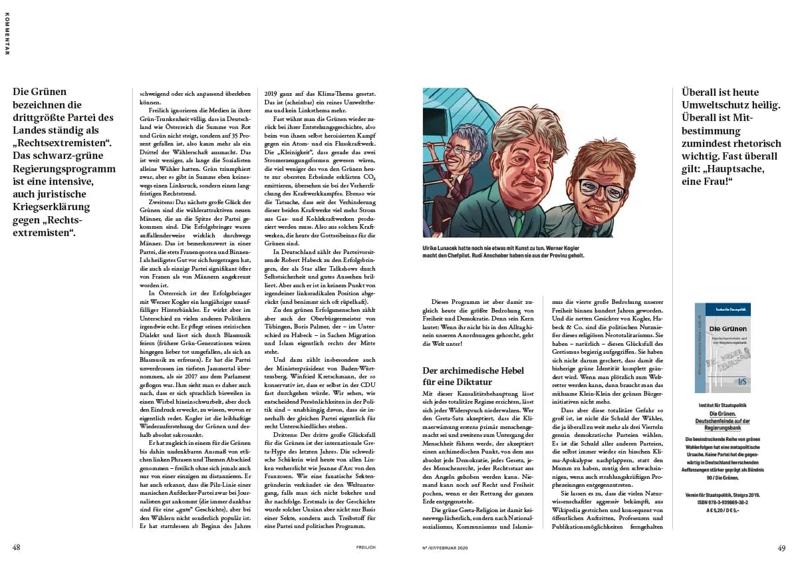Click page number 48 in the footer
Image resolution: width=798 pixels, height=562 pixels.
pyautogui.click(x=17, y=547)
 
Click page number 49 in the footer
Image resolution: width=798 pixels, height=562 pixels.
pyautogui.click(x=781, y=547)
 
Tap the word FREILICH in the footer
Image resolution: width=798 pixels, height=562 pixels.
pyautogui.click(x=366, y=548)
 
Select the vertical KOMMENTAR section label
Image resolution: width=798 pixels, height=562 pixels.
pyautogui.click(x=7, y=33)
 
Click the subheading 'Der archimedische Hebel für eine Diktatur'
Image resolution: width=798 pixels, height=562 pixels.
pyautogui.click(x=474, y=376)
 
